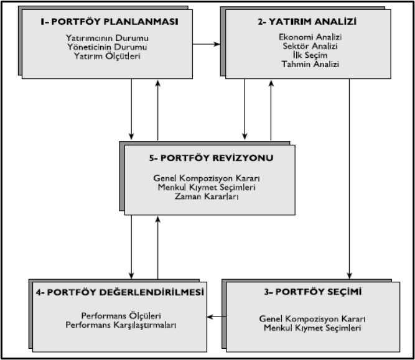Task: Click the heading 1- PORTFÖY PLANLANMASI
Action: pos(110,21)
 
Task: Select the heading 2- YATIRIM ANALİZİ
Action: pos(307,21)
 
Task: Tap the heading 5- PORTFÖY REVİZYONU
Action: pos(211,158)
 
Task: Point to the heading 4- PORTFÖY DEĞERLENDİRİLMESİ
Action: pos(120,292)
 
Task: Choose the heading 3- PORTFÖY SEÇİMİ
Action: pos(312,292)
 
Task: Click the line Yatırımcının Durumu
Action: pos(107,38)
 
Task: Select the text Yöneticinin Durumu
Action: pos(107,47)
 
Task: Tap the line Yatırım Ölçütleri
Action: pos(107,56)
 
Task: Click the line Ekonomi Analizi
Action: pos(310,37)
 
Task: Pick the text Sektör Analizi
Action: pos(310,46)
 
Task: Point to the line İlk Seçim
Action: pos(310,55)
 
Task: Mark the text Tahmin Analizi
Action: pos(310,64)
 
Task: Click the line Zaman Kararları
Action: pos(207,196)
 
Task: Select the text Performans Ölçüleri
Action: pos(121,316)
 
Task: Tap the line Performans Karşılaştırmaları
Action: pos(121,325)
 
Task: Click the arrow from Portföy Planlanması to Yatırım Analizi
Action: pos(206,44)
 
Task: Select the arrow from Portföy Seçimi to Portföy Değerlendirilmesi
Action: pos(217,316)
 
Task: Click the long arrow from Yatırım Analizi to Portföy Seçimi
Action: pos(350,179)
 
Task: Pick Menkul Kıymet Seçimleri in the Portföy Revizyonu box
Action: pos(207,187)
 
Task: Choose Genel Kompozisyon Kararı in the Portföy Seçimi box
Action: pos(312,319)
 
